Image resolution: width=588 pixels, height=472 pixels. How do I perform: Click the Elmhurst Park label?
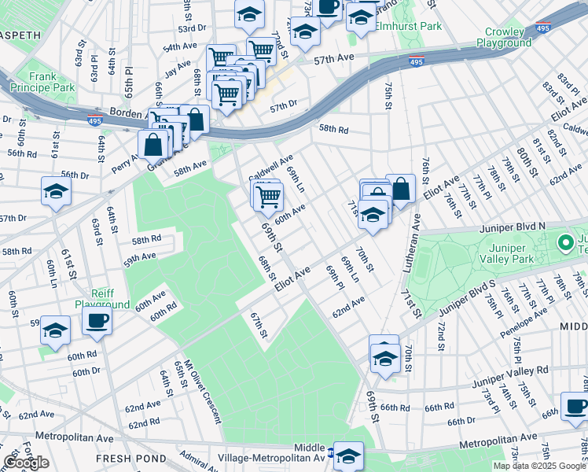coord(408,26)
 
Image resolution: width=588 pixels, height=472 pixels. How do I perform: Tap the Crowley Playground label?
coord(504,37)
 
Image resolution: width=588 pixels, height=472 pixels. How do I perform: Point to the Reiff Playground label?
coord(102,299)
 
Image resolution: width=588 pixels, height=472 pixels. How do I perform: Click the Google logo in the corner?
coord(26,463)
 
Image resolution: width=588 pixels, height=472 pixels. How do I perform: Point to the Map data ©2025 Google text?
coord(539,466)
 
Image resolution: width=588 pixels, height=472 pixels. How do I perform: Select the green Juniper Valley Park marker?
coord(564,242)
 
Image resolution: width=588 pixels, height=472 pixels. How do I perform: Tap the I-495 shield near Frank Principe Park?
coord(94,120)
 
